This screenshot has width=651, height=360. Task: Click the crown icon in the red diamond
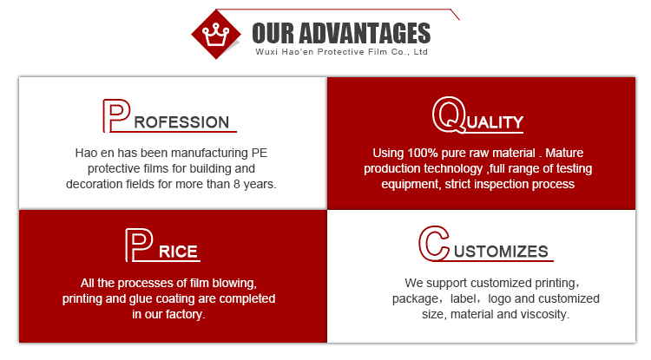(x=215, y=35)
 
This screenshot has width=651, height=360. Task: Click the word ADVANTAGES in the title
(x=365, y=33)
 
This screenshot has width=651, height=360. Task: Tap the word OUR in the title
(x=273, y=33)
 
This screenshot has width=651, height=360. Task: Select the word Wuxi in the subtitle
(x=266, y=52)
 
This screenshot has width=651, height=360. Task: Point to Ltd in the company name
(x=421, y=52)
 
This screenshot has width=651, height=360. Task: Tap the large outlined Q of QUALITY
(x=449, y=115)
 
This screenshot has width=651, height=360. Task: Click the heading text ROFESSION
(x=181, y=122)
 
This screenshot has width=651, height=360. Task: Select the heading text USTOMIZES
(x=501, y=252)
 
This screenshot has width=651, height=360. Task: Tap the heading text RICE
(x=178, y=252)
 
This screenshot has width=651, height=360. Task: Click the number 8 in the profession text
(x=237, y=184)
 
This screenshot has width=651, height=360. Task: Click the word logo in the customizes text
(x=499, y=299)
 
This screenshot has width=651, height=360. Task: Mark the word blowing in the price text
(x=234, y=284)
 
